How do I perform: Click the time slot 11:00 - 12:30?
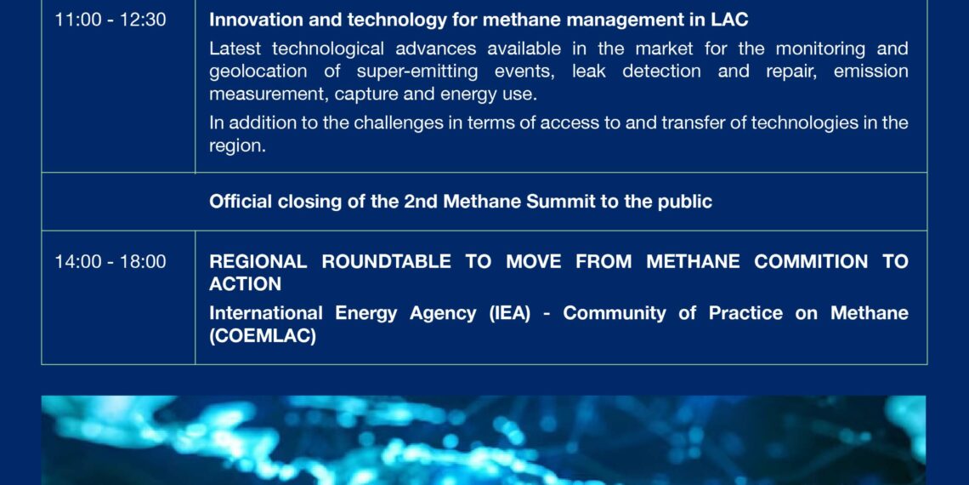coord(110,20)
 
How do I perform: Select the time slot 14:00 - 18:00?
coord(110,262)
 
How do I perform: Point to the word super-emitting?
coord(417,71)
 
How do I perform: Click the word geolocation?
coord(258,71)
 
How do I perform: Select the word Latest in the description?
coord(235,48)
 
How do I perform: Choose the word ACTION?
coord(246,284)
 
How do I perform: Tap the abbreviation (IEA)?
coord(510,313)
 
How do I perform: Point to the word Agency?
coord(443,314)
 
